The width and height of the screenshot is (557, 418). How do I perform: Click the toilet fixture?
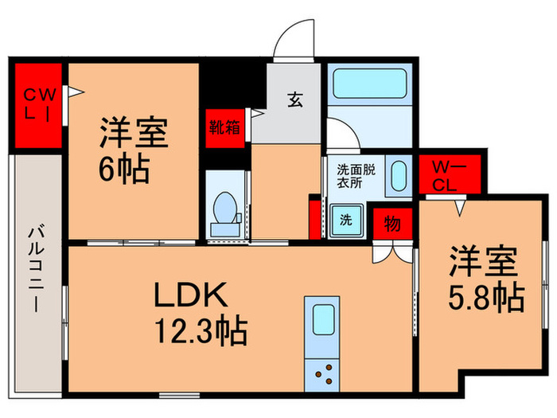click(225, 213)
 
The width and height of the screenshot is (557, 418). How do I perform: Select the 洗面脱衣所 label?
click(349, 175)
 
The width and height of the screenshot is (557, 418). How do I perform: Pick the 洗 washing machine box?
click(347, 218)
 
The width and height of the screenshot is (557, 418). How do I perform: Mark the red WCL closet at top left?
click(38, 104)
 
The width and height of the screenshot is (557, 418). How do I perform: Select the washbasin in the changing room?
click(397, 177)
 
